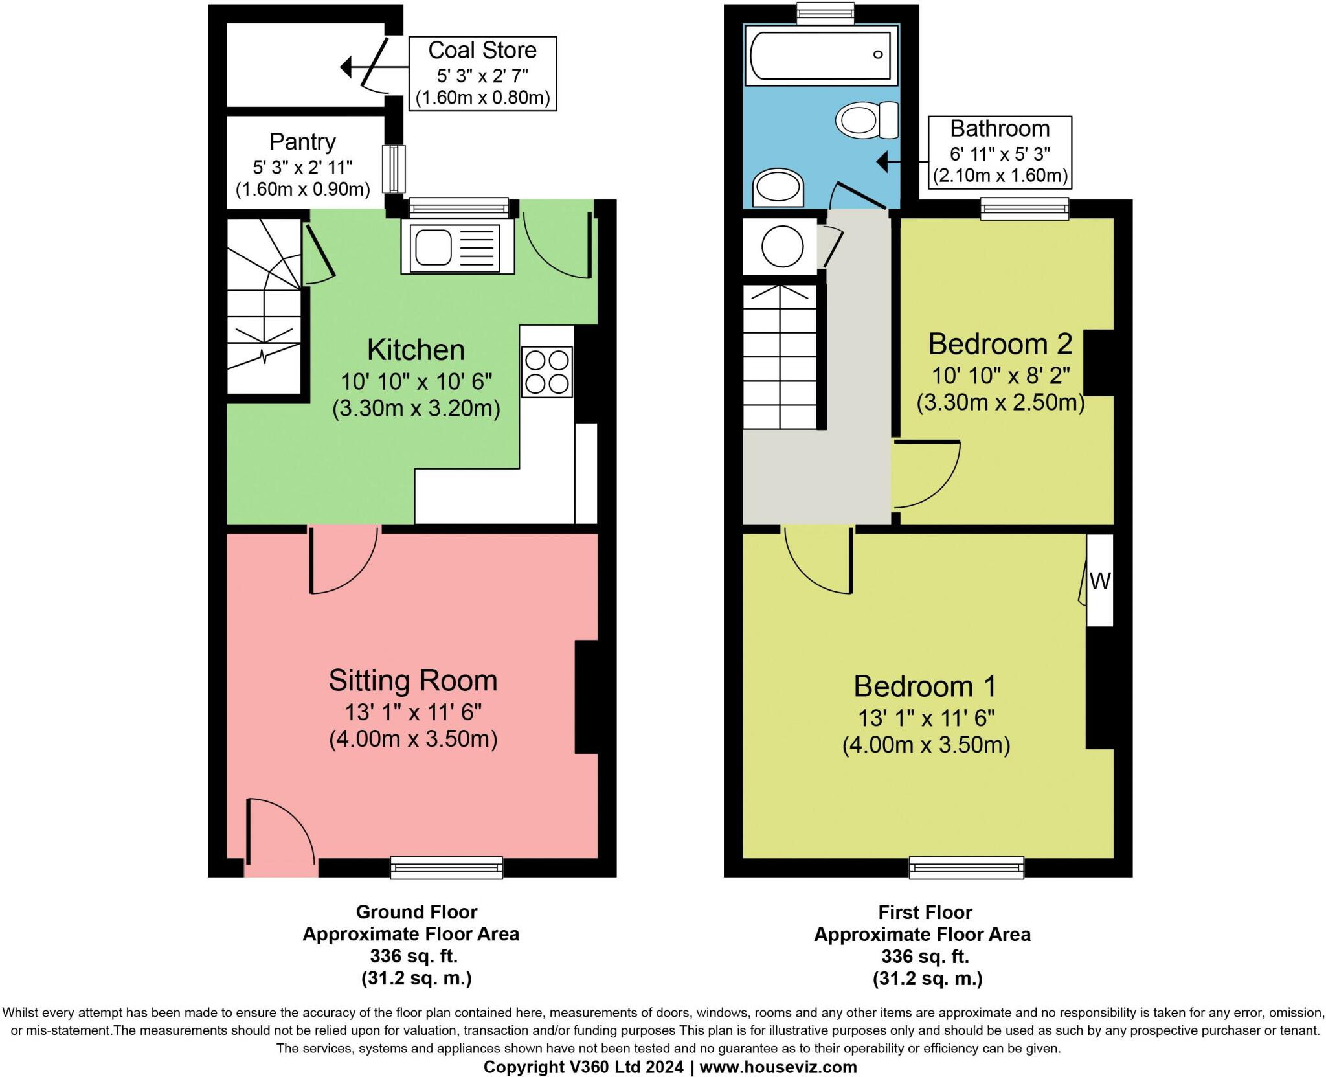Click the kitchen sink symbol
point(457,245)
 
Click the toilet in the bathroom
point(866,120)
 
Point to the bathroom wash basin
point(778,188)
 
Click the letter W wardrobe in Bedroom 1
point(1099,581)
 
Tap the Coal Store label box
point(482,73)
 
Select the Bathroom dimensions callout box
point(1000,152)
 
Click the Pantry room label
point(302,142)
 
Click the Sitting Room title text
point(412,681)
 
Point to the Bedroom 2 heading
point(1000,344)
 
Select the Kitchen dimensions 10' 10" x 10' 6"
point(416,381)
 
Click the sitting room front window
point(446,867)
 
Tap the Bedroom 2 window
point(1024,209)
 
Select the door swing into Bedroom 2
point(925,473)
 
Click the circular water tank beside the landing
point(781,246)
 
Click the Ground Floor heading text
point(416,912)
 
